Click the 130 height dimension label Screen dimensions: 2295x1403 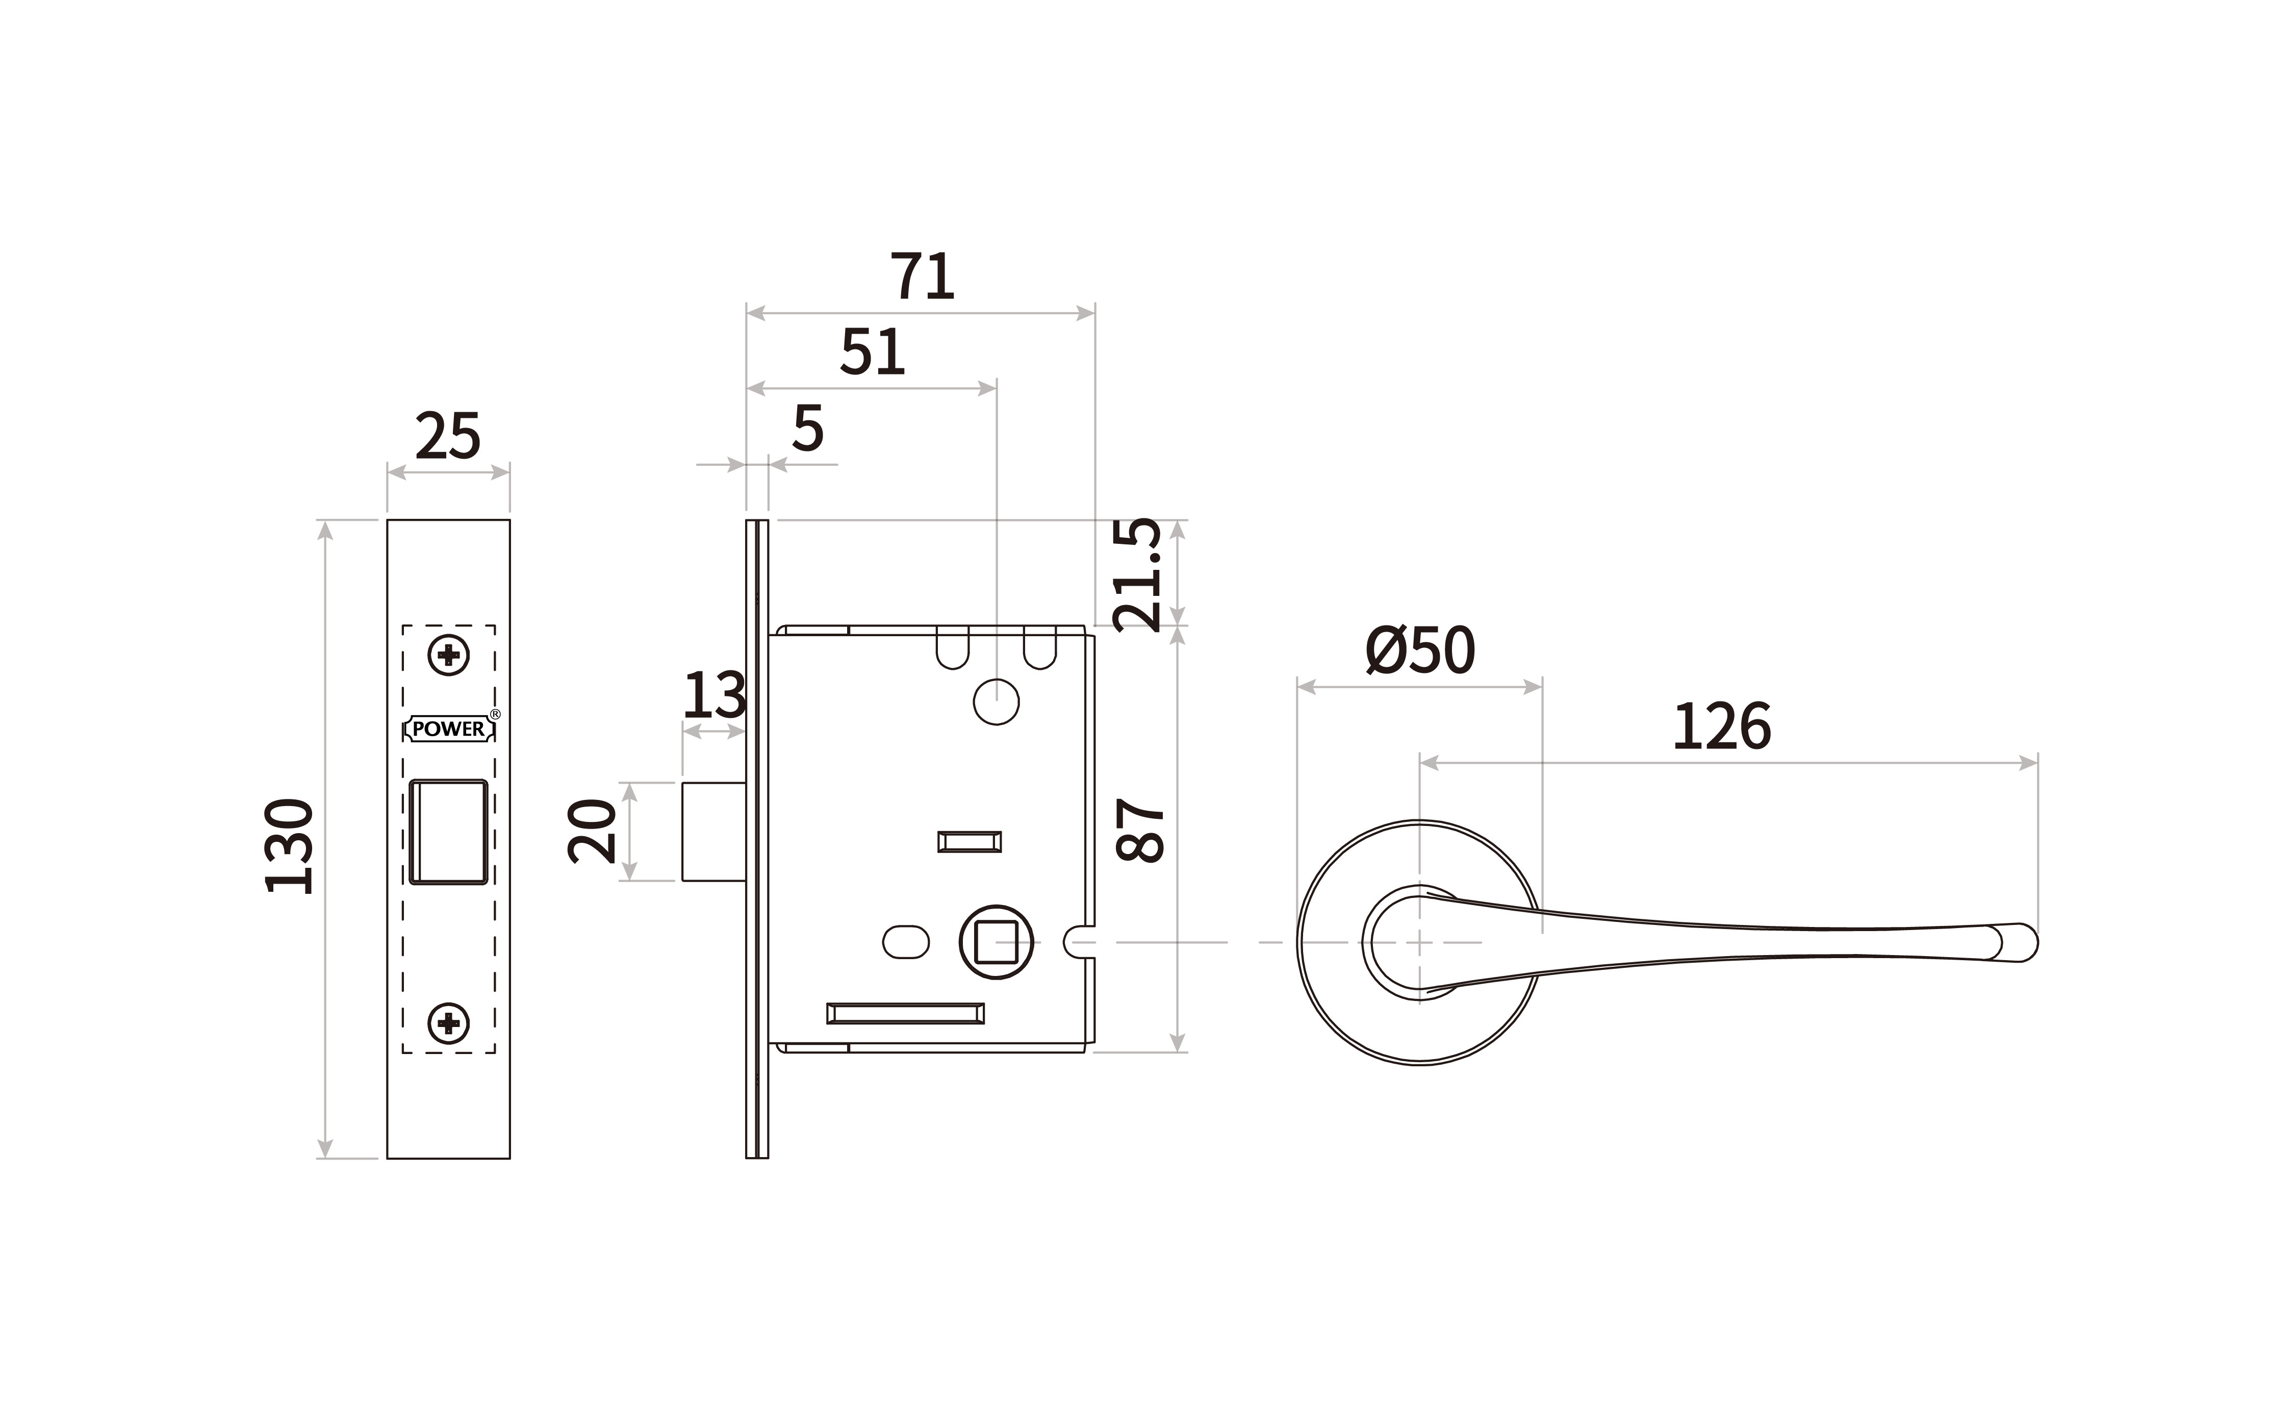pyautogui.click(x=289, y=846)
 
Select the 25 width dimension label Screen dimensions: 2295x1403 pyautogui.click(x=448, y=436)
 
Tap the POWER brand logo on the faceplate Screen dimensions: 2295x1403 pyautogui.click(x=449, y=729)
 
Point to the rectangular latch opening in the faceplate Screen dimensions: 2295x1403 pyautogui.click(x=449, y=832)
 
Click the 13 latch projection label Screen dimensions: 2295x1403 pyautogui.click(x=715, y=695)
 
